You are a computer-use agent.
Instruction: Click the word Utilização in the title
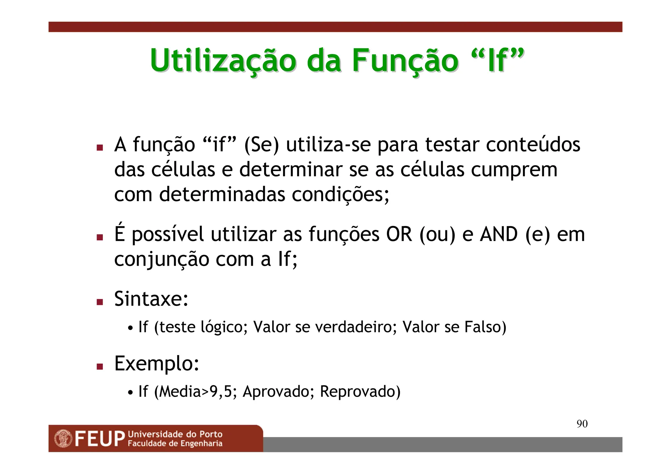tap(223, 61)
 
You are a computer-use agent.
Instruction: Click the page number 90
tap(582, 424)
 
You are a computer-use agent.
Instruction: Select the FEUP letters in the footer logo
tap(100, 439)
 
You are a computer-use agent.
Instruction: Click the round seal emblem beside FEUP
tap(63, 439)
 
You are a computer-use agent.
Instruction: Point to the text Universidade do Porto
tap(175, 434)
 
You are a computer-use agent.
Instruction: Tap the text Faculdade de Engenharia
tap(175, 444)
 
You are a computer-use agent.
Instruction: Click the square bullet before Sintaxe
tap(100, 302)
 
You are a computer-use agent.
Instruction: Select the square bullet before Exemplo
tap(100, 366)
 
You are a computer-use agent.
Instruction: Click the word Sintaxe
tap(151, 299)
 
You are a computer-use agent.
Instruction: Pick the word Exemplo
tap(157, 363)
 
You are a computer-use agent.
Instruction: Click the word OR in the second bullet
tap(399, 234)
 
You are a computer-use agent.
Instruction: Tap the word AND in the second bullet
tap(499, 234)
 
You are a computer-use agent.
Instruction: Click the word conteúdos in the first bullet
tap(533, 144)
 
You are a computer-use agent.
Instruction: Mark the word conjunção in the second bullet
tap(162, 259)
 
